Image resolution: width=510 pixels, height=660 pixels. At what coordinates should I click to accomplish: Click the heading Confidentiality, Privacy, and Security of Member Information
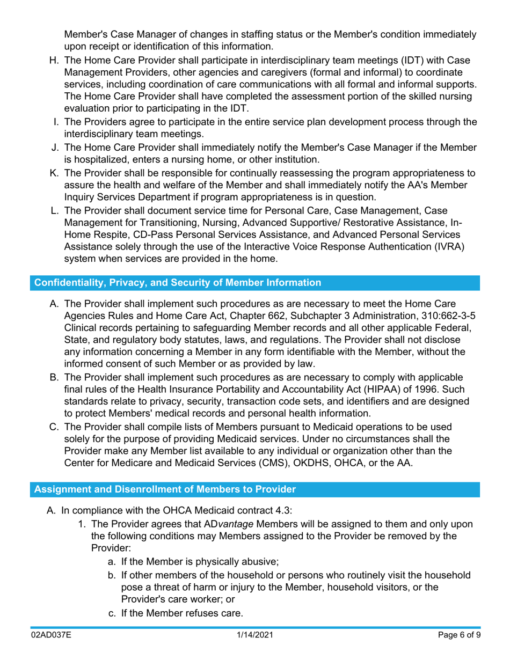pyautogui.click(x=178, y=282)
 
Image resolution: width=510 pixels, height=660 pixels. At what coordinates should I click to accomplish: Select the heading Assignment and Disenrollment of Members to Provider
pyautogui.click(x=165, y=489)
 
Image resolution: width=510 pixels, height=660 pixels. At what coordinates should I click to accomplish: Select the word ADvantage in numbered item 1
pyautogui.click(x=230, y=524)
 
